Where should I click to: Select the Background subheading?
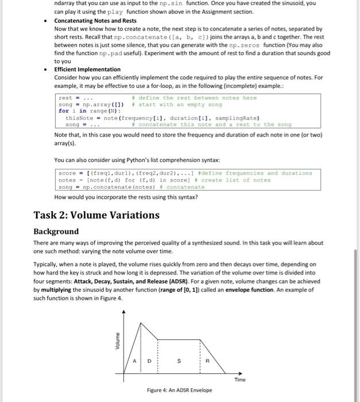56,231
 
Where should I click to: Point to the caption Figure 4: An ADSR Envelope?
179,390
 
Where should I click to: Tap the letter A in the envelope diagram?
134,361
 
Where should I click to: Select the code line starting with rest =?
69,98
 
